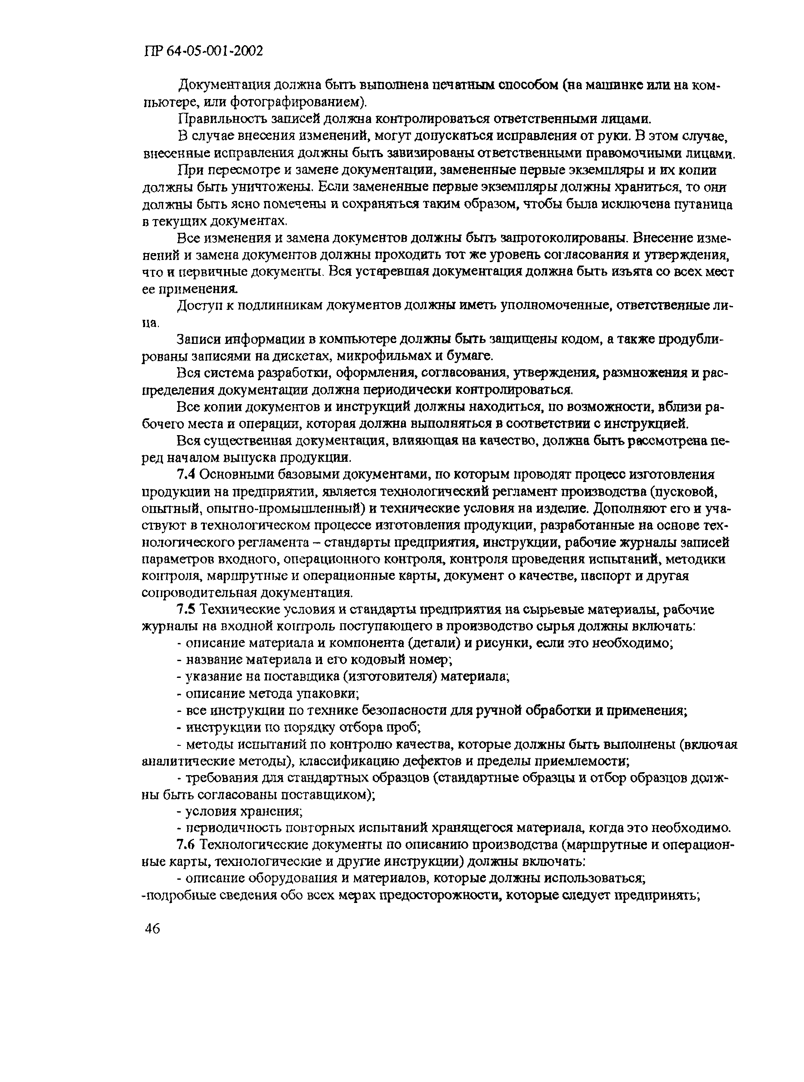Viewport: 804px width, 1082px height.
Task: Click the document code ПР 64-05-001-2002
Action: [x=204, y=51]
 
